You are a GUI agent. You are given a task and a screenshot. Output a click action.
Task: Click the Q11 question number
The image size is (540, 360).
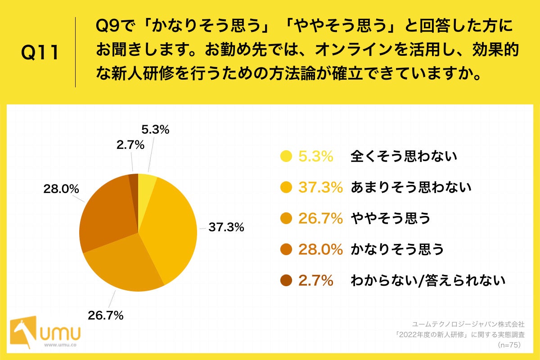click(x=40, y=53)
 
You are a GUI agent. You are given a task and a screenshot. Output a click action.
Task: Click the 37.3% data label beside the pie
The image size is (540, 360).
click(x=226, y=228)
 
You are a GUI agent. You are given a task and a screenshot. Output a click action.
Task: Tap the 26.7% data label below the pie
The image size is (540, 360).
click(x=105, y=315)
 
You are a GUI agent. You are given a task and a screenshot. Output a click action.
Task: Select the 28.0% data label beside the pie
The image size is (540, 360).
click(x=62, y=189)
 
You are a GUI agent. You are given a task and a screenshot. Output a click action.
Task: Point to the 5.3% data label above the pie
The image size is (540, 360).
click(x=155, y=130)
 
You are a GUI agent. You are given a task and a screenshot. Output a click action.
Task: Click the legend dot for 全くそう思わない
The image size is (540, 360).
click(x=286, y=156)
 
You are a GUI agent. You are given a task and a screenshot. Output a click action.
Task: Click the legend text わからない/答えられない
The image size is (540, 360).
click(x=428, y=280)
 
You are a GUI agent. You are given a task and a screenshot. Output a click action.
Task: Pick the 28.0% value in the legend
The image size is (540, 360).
click(x=320, y=249)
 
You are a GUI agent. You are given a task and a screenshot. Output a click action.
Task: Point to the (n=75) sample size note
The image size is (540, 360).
click(x=509, y=345)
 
